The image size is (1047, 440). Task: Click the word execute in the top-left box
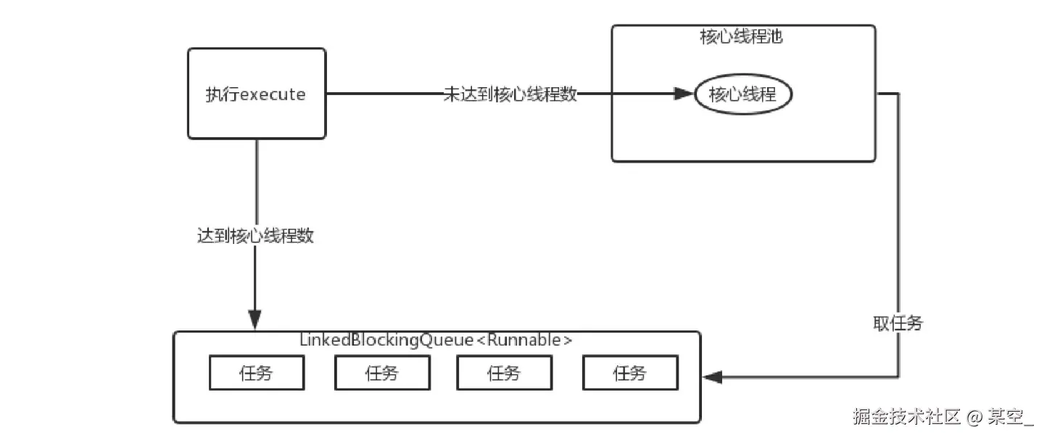pos(273,95)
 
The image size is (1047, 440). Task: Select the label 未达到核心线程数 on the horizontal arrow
pos(510,94)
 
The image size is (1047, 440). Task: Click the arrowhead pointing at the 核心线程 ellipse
pos(684,94)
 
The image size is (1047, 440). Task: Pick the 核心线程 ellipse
pos(743,94)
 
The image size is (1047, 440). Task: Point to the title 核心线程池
pos(741,38)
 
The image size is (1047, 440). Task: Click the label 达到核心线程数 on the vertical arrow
pos(255,236)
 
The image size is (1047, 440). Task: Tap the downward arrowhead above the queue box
pos(254,319)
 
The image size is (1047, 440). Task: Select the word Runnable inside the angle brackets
pos(526,341)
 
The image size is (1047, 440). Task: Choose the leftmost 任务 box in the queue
pos(256,374)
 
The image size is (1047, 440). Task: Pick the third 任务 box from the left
pos(504,374)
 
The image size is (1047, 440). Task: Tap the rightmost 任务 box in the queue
pos(629,374)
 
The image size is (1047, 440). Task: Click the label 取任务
pos(898,324)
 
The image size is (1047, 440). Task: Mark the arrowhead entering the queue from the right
pos(713,377)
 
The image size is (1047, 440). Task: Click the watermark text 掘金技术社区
pos(906,417)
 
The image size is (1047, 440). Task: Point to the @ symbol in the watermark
pos(975,417)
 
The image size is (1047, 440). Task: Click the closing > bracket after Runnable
pos(568,341)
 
